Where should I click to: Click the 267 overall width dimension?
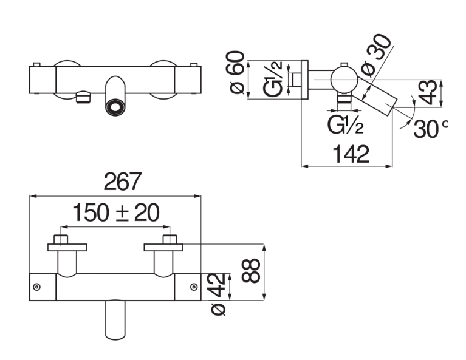click(123, 182)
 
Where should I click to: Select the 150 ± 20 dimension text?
click(116, 212)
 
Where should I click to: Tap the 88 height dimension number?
click(251, 271)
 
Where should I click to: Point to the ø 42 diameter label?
click(218, 294)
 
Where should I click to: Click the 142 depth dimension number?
click(351, 154)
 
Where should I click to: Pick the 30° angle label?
click(430, 129)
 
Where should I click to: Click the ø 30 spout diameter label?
click(376, 56)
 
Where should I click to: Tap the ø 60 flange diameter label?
click(237, 73)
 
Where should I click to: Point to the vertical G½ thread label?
click(273, 79)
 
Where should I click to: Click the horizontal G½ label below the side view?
click(345, 125)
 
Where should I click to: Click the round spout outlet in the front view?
click(115, 107)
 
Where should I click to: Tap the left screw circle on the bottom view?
click(36, 287)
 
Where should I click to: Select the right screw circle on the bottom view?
click(194, 287)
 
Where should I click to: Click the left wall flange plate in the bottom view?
click(67, 248)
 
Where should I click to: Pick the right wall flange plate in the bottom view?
click(163, 248)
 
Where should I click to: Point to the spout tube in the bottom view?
click(115, 319)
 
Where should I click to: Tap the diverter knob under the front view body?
click(83, 97)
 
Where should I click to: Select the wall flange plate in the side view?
click(305, 80)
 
